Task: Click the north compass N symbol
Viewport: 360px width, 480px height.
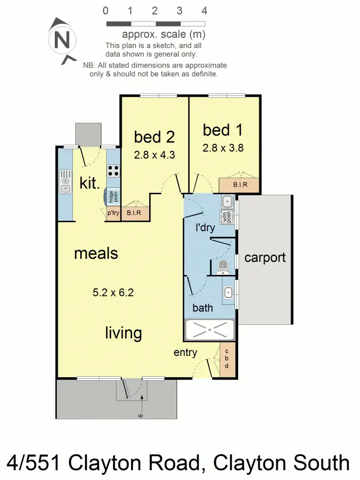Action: coord(61,39)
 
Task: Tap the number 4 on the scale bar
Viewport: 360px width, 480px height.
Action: coord(204,11)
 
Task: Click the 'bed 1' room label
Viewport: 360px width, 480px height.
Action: coord(223,130)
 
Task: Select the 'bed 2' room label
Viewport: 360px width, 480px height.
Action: coord(154,137)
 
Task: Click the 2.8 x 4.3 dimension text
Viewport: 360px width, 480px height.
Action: coord(155,155)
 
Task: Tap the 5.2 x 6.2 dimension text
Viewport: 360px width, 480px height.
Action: coord(113,293)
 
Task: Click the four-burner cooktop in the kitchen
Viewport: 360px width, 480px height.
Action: coord(113,171)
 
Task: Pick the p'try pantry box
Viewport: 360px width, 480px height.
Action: coord(113,213)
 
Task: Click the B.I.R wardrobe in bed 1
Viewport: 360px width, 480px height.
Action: coord(239,185)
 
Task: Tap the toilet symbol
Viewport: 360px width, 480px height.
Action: coord(223,267)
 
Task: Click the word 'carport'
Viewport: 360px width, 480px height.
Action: coord(265,257)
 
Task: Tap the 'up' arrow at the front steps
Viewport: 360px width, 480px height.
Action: coord(142,406)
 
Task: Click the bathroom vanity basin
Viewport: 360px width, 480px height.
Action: coord(228,293)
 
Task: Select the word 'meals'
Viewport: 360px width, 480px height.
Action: coord(96,253)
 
